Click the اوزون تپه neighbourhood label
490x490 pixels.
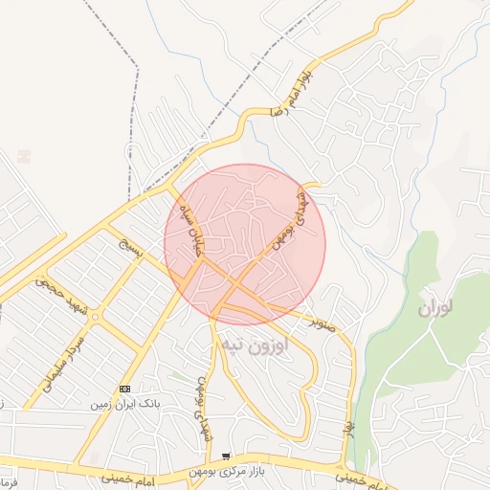255,345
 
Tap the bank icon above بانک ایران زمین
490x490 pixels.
125,389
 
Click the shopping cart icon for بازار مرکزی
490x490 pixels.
226,457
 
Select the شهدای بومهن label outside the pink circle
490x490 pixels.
204,407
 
